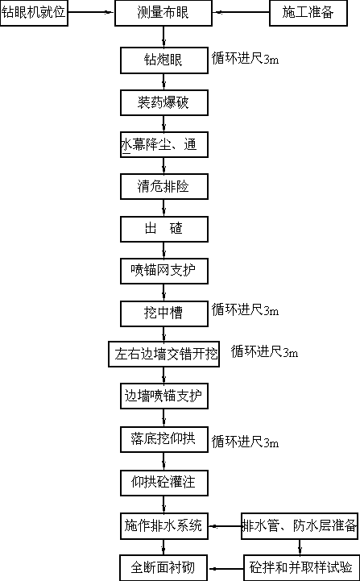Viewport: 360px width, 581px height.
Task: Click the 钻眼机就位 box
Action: point(34,13)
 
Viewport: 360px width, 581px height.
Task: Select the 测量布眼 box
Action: point(163,13)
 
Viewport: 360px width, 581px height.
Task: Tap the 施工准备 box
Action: point(308,13)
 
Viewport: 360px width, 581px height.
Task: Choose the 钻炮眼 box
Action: point(164,60)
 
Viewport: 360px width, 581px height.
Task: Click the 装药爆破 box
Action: point(164,102)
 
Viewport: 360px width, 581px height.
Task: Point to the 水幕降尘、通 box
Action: point(164,144)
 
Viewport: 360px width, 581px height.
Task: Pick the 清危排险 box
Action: point(164,186)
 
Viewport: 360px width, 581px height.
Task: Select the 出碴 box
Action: point(164,229)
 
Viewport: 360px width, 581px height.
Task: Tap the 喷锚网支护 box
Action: point(164,271)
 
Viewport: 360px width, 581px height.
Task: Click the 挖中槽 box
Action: point(164,313)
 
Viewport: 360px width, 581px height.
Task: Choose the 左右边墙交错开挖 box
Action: point(163,354)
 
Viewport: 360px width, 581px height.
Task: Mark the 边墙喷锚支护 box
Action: point(164,396)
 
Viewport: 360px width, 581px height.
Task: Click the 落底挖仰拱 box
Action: point(164,439)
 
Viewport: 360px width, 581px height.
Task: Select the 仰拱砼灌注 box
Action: point(164,483)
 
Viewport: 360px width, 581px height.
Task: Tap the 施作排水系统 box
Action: point(164,525)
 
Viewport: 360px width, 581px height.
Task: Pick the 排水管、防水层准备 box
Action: point(300,525)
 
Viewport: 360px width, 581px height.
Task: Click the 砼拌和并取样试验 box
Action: point(301,567)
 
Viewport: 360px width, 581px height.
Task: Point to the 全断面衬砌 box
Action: point(164,567)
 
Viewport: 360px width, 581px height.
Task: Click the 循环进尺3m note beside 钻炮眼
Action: point(245,59)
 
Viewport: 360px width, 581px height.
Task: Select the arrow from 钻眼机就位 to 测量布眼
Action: point(91,12)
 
